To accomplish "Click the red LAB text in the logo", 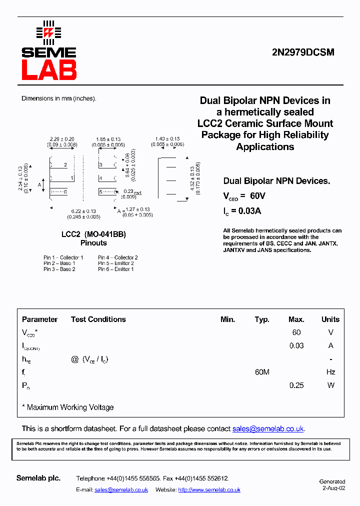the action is (x=49, y=69).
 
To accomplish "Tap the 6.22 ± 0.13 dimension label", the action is (x=83, y=211).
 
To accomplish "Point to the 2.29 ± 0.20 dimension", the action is (x=62, y=139).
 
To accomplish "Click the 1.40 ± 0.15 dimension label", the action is (x=167, y=139).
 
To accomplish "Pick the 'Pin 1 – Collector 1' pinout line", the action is (x=63, y=257).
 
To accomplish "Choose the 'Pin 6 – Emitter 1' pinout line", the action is (x=116, y=269).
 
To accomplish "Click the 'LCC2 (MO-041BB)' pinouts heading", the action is (x=93, y=234).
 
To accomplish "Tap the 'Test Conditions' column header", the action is (x=98, y=319).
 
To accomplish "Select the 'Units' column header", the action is (x=330, y=319).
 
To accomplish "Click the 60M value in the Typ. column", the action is (x=262, y=372).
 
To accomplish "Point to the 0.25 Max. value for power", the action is (x=296, y=385).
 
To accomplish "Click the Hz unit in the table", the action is (x=330, y=372).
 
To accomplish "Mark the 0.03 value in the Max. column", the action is (x=296, y=345).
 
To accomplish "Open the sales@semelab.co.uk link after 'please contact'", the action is (x=268, y=428).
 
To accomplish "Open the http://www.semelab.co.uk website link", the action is (x=209, y=489).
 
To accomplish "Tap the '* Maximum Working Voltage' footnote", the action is (x=68, y=407).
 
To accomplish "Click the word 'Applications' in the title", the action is (x=265, y=146).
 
